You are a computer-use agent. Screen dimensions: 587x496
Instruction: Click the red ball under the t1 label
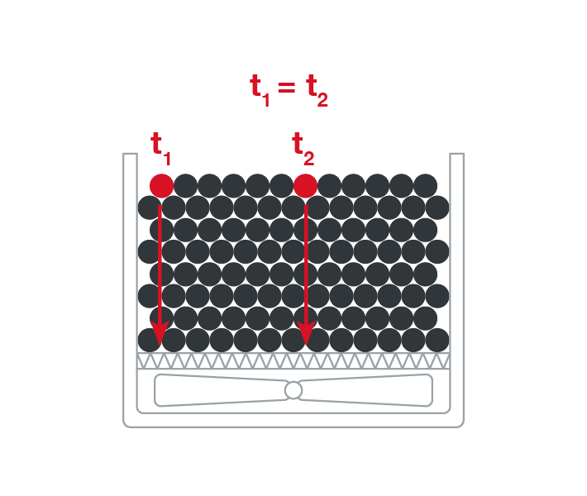(x=161, y=185)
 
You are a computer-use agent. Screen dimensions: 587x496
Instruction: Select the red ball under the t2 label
(x=305, y=185)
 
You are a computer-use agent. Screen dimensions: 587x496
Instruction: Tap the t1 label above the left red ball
(x=160, y=146)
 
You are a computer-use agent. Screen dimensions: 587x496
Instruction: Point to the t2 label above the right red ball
(x=303, y=146)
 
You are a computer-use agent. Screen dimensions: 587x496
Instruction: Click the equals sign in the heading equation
(x=287, y=85)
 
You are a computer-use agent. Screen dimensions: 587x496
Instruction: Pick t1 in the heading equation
(x=260, y=88)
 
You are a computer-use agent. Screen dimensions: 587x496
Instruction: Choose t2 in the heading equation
(x=317, y=88)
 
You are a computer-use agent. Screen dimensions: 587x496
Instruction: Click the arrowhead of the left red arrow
(x=160, y=333)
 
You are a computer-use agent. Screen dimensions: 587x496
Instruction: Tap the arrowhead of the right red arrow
(x=306, y=333)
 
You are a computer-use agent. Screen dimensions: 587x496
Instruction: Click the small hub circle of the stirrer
(x=293, y=390)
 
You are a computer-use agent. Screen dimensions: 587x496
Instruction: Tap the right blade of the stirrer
(x=368, y=390)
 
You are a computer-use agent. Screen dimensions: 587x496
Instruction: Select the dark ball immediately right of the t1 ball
(x=185, y=185)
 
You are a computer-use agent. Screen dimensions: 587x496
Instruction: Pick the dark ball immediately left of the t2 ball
(x=281, y=185)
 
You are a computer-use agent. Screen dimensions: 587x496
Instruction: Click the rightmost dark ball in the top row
(x=425, y=185)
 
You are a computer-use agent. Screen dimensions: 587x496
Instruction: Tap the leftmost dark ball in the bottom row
(x=150, y=340)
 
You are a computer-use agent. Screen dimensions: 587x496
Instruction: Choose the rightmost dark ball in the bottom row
(x=437, y=340)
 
